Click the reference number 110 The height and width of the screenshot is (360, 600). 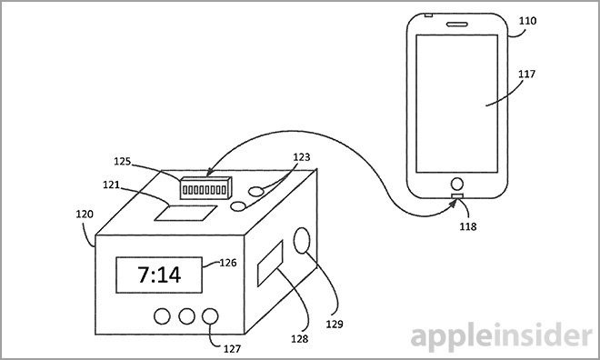pos(527,21)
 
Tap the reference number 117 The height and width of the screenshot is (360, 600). pos(526,74)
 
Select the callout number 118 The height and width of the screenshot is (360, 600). pos(468,226)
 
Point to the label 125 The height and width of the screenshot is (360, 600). pos(123,162)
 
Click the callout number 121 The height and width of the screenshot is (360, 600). pos(111,185)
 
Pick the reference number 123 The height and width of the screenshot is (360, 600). pos(302,157)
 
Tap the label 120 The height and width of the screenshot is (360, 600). pos(85,214)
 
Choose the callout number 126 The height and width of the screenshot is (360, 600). pos(227,263)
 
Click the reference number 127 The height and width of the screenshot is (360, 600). pos(232,348)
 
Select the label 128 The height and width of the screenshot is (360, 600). pos(300,338)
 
